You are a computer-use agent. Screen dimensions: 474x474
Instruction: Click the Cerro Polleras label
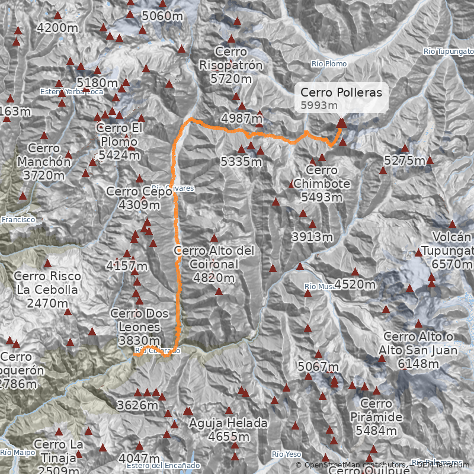click(341, 92)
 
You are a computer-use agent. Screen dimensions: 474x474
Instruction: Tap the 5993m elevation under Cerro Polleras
click(318, 105)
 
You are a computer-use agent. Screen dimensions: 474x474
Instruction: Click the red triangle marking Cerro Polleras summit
click(341, 123)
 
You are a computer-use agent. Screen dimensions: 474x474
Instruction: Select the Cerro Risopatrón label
click(230, 59)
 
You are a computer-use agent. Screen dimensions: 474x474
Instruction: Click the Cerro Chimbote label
click(322, 177)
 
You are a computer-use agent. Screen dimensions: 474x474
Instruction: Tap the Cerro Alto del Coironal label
click(214, 258)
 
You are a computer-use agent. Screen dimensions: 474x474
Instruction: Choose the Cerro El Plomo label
click(119, 135)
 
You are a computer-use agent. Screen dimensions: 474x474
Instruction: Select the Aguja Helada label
click(228, 423)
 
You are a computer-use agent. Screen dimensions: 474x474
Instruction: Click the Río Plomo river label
click(329, 63)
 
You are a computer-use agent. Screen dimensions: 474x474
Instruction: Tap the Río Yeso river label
click(287, 454)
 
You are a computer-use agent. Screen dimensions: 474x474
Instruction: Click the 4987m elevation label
click(241, 118)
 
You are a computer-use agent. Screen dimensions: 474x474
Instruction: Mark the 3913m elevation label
click(312, 237)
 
